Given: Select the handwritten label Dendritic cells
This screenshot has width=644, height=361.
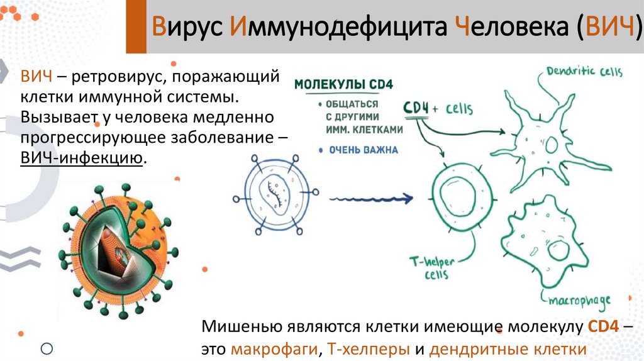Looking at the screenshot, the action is [x=584, y=71].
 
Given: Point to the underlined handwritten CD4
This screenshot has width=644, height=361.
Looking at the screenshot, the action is [x=415, y=108].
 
